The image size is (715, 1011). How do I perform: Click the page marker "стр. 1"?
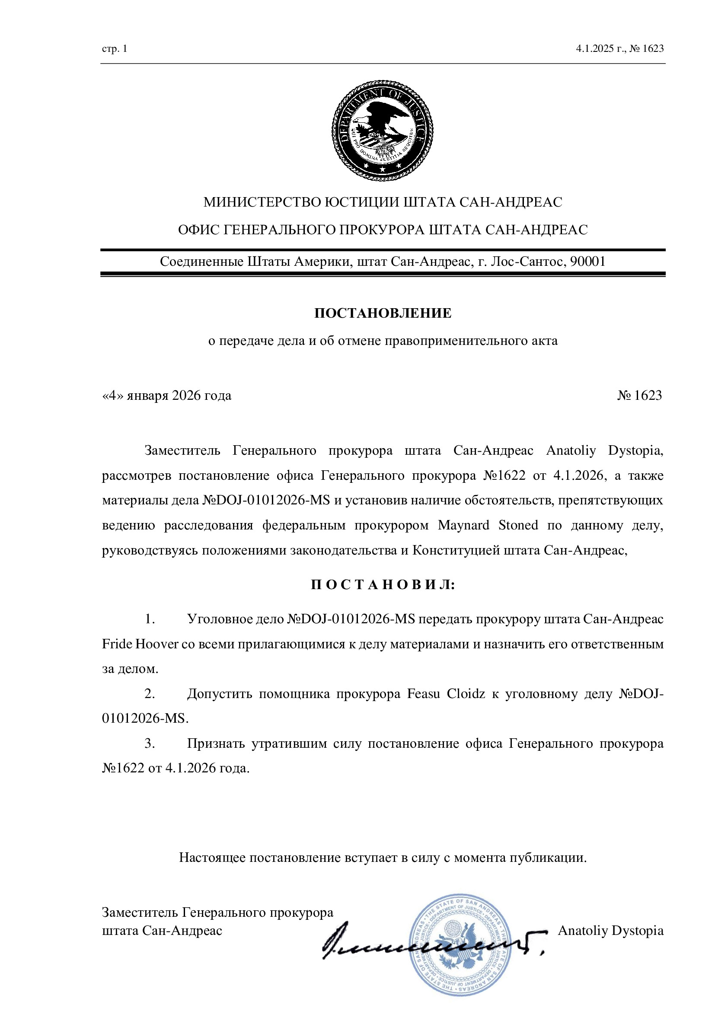coord(115,48)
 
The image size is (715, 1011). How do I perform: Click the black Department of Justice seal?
coord(382,131)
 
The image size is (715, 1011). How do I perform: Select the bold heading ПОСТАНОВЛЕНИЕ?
coord(383,313)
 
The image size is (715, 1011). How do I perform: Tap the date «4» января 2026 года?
coord(166,395)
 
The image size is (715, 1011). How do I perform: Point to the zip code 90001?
coord(588,262)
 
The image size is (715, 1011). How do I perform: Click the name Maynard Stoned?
coord(488,525)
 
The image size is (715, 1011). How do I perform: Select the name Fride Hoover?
coord(140,644)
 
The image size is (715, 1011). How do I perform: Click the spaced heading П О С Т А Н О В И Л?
coord(383,585)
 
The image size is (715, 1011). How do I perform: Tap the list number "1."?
coord(150,619)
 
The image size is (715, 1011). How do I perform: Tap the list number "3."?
coord(150,743)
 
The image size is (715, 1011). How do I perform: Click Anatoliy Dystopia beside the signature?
coord(611,931)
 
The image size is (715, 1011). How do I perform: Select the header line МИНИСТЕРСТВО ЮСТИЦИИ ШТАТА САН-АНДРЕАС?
coord(383,202)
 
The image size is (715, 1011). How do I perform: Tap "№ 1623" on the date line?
coord(639,395)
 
